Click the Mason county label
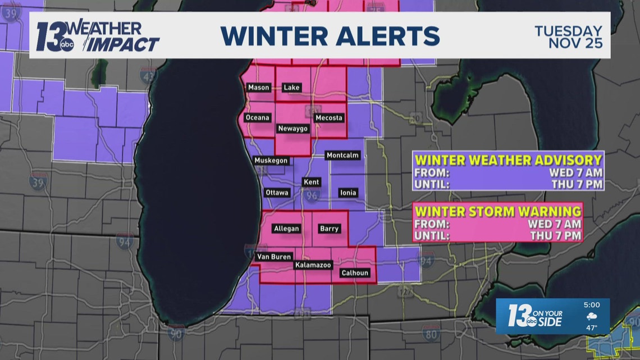(x=259, y=88)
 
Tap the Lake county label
(x=291, y=88)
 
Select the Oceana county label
(x=258, y=118)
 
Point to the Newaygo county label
(x=293, y=129)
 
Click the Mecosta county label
(x=328, y=118)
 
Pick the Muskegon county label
(x=271, y=161)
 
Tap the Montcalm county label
(x=342, y=155)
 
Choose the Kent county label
(x=311, y=182)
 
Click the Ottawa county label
(x=277, y=193)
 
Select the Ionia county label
(x=348, y=193)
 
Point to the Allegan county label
(x=286, y=229)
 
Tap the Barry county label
(x=329, y=229)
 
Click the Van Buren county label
(x=273, y=257)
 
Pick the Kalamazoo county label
(x=313, y=265)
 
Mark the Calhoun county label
(x=355, y=273)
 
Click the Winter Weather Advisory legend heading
(x=508, y=160)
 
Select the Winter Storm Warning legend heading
(x=497, y=211)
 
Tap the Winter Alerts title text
(x=330, y=36)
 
